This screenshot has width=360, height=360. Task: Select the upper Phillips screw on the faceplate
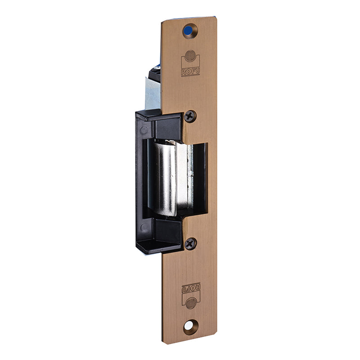pyautogui.click(x=190, y=117)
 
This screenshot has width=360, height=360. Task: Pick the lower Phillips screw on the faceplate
pyautogui.click(x=190, y=244)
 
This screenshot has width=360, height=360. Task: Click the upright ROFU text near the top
pyautogui.click(x=190, y=72)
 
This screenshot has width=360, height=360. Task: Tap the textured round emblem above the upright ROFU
pyautogui.click(x=190, y=56)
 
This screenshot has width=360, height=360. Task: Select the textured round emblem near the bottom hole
pyautogui.click(x=191, y=303)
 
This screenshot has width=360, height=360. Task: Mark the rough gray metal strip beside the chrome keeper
pyautogui.click(x=190, y=177)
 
